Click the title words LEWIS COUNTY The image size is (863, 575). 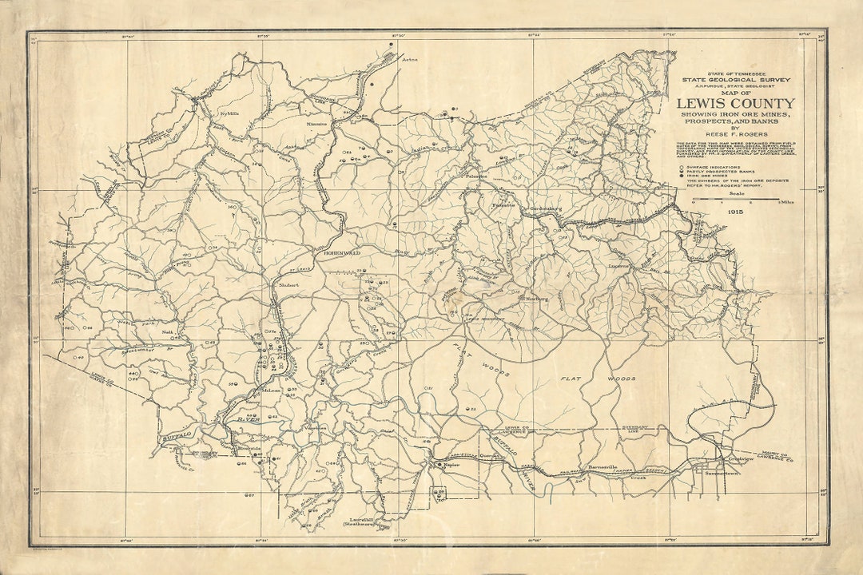tap(736, 103)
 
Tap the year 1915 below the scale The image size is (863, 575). tap(736, 212)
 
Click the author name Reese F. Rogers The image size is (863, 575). tap(736, 133)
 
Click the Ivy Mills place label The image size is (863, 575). tap(229, 113)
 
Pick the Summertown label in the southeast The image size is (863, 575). tap(722, 474)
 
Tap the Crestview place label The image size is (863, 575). tap(736, 458)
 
